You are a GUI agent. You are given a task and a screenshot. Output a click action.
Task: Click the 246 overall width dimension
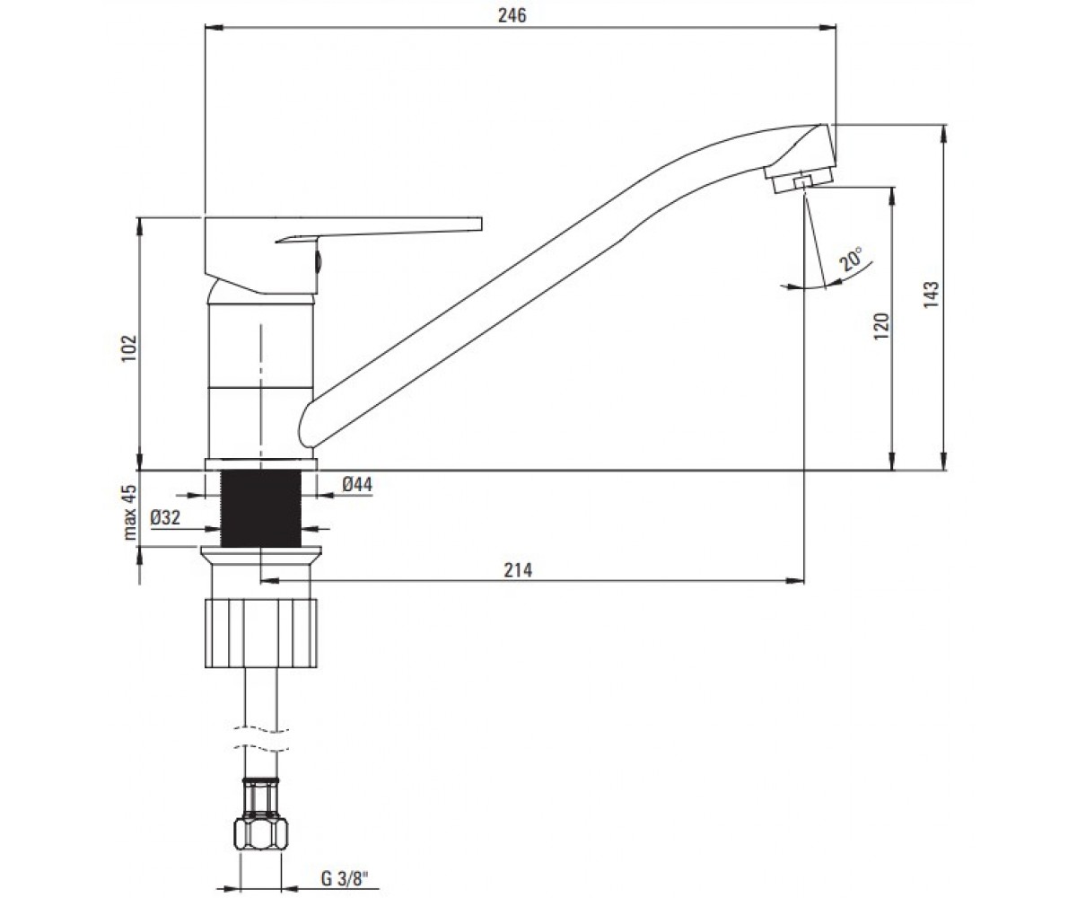tap(512, 15)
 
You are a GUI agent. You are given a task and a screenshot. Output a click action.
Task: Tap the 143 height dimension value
tap(931, 295)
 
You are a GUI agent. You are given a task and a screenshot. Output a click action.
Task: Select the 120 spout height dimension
tap(881, 326)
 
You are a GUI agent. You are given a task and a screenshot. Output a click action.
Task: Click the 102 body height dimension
tap(128, 348)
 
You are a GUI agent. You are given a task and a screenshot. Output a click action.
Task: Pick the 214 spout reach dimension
tap(517, 570)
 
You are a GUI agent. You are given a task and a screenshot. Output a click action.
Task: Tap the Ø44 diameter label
tap(357, 484)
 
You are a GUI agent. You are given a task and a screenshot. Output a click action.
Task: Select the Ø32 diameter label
tap(165, 517)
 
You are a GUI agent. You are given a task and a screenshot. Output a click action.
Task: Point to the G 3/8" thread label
tap(345, 878)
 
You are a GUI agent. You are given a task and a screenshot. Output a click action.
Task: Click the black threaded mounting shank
tap(260, 508)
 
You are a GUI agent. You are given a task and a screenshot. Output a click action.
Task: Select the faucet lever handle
tap(343, 255)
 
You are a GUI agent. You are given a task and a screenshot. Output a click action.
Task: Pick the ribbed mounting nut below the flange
tap(260, 633)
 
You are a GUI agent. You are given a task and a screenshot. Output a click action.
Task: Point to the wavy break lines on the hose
tap(261, 738)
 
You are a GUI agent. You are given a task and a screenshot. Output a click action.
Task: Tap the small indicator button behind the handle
tap(318, 260)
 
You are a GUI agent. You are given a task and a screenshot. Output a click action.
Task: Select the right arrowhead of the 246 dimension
tap(827, 27)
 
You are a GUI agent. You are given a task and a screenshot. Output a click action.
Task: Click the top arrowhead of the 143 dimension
tap(944, 134)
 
